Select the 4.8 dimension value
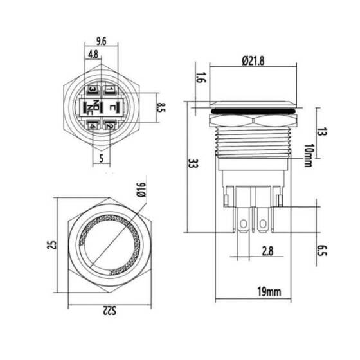[93, 55]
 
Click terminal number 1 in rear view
[110, 89]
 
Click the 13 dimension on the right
[323, 133]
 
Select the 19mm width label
[268, 292]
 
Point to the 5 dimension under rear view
[101, 156]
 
